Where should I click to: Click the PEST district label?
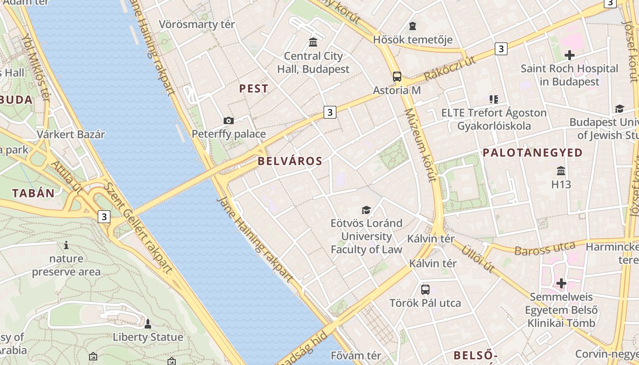coord(254,89)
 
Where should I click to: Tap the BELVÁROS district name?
coord(290,161)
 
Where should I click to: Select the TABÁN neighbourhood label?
coord(33,193)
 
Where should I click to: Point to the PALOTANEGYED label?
coord(533,153)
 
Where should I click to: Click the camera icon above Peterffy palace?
coord(229,120)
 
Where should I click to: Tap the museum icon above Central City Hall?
coord(313,42)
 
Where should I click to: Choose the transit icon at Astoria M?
coord(397,76)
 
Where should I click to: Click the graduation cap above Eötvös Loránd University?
coord(366,210)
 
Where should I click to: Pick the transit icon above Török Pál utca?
coord(425,289)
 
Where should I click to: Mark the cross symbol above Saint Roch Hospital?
coord(569,55)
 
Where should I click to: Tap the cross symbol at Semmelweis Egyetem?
coord(561,283)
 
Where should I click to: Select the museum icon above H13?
coord(561,171)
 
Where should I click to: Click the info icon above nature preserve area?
coord(66,245)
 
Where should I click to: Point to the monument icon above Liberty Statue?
coord(147,324)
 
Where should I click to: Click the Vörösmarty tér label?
coord(197,24)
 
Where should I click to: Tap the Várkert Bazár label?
coord(71,135)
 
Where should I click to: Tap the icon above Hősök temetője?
coord(413,26)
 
